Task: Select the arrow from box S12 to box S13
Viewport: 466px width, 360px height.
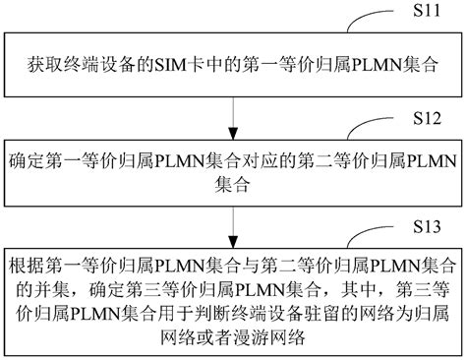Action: point(233,224)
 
